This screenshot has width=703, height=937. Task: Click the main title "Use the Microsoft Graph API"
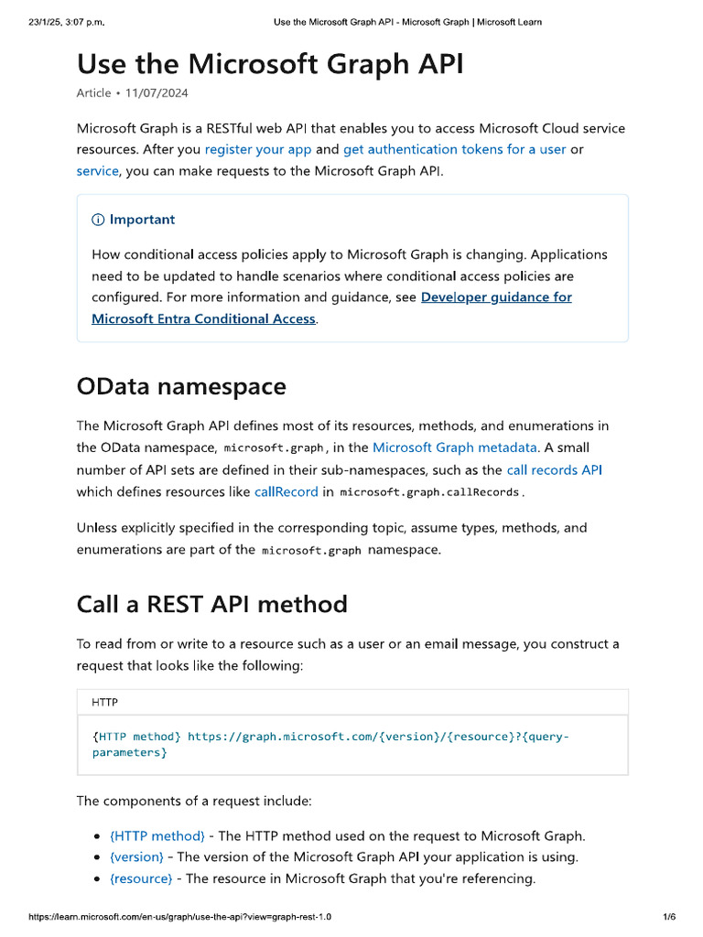(270, 64)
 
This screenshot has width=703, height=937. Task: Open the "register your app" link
(258, 149)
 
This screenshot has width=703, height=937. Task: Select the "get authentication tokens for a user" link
(454, 149)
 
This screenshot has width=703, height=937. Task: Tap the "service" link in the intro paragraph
(97, 170)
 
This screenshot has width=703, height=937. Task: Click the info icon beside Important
(98, 220)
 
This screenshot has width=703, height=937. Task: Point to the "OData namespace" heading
(181, 386)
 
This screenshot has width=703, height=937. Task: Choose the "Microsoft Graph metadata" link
(455, 447)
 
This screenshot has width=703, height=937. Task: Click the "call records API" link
(554, 469)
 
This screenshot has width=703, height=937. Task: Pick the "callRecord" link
(287, 491)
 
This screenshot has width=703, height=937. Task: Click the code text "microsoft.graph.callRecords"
(430, 492)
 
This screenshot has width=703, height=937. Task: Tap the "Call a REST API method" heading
(212, 604)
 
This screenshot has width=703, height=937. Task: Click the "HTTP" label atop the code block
(104, 703)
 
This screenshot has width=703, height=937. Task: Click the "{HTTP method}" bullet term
(157, 835)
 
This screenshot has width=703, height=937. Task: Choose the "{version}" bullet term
(136, 857)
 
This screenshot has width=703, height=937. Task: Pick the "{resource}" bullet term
(141, 878)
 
